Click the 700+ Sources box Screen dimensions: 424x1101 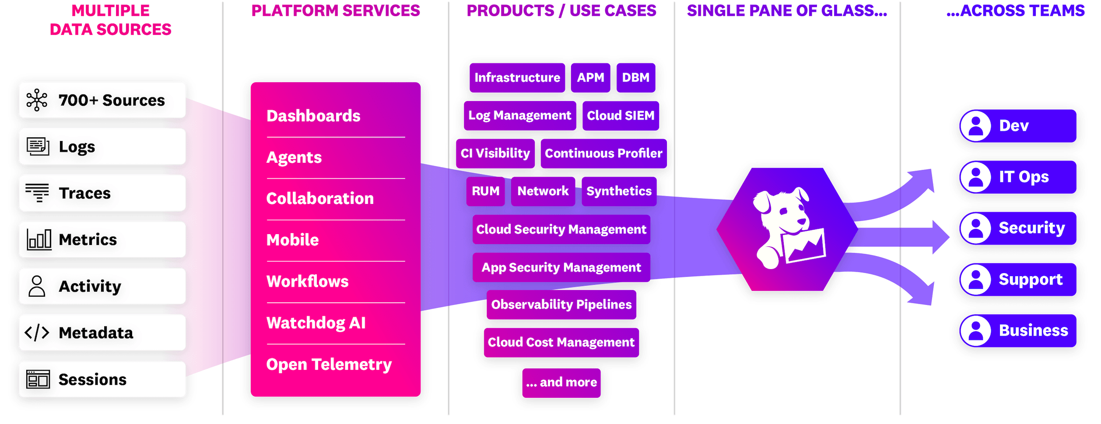tap(102, 100)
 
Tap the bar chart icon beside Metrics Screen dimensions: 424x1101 tap(39, 240)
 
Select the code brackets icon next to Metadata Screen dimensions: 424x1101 tap(37, 333)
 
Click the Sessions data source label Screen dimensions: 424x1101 tap(92, 379)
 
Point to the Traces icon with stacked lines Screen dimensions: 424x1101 tap(37, 193)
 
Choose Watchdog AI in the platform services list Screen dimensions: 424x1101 tap(316, 323)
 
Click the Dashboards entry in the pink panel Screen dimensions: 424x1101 tap(313, 116)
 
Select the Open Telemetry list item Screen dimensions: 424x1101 tap(329, 364)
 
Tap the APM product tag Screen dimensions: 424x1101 tap(590, 77)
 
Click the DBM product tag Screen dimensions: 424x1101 tap(635, 77)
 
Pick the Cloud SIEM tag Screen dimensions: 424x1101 tap(621, 116)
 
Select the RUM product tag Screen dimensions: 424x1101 tap(485, 191)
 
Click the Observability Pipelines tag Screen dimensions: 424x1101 tap(561, 305)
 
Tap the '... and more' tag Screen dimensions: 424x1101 tap(561, 382)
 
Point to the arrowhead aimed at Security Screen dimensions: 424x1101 tap(941, 237)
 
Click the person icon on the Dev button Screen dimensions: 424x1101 tap(976, 126)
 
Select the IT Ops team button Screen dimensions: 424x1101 tap(1018, 177)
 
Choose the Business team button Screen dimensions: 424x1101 tap(1018, 330)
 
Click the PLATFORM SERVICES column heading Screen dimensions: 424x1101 tap(336, 11)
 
